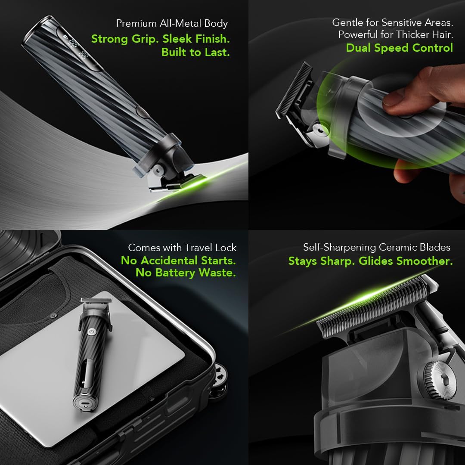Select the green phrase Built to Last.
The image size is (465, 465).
coord(195,52)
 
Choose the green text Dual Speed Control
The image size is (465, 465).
coord(400,47)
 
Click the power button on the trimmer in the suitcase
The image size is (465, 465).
coord(92,331)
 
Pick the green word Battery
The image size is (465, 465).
coord(175,273)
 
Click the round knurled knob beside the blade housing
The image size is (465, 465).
coord(438,380)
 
